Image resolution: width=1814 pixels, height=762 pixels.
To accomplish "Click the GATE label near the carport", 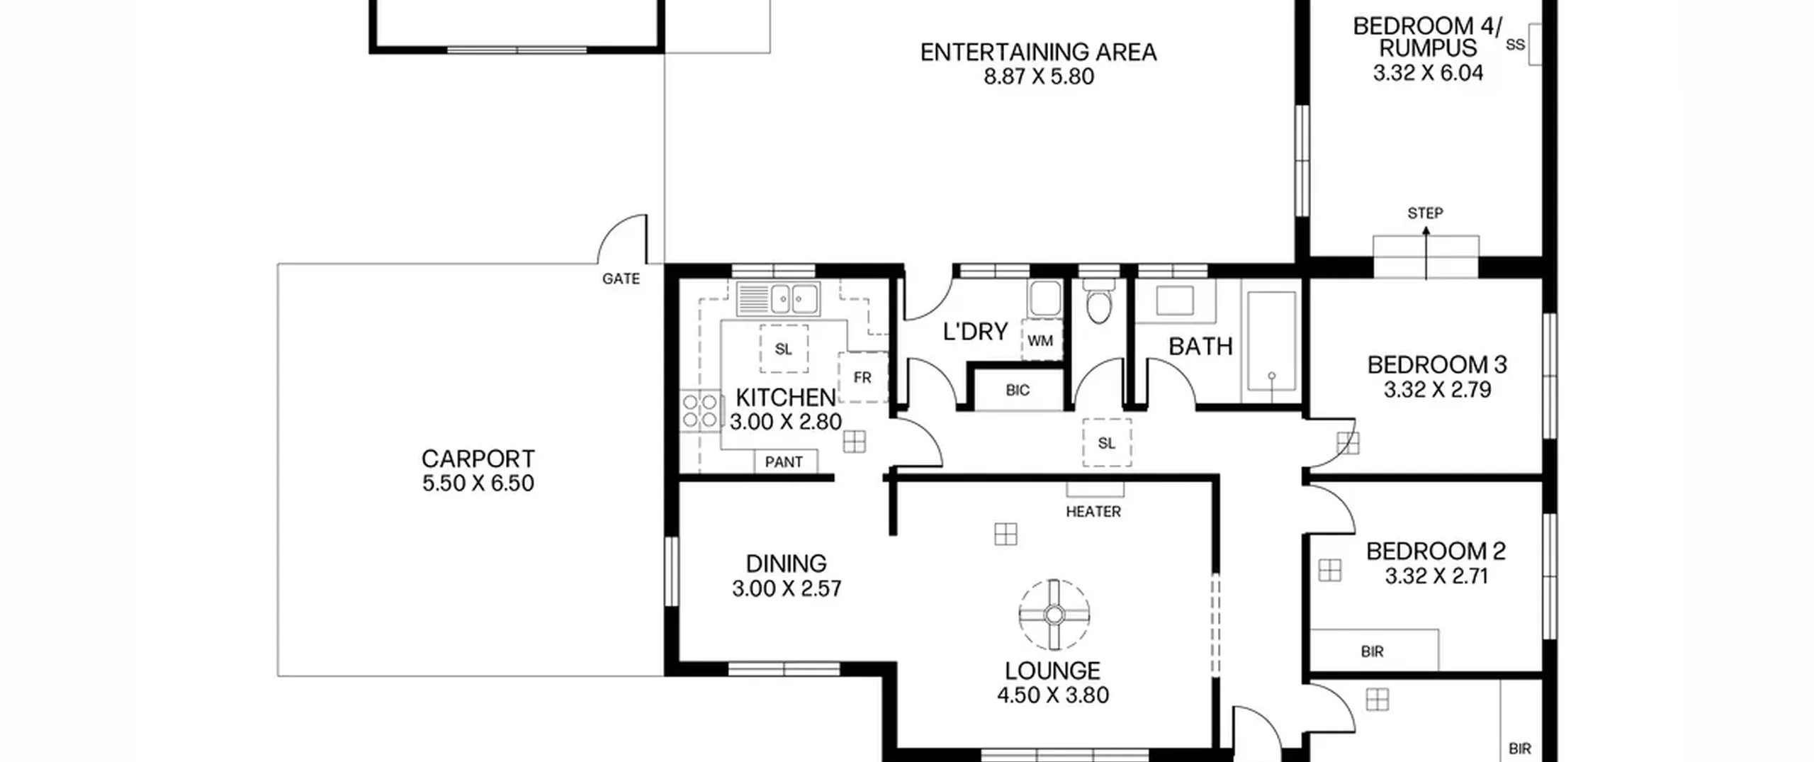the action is [x=621, y=279].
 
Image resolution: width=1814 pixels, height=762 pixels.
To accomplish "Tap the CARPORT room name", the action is [x=478, y=459].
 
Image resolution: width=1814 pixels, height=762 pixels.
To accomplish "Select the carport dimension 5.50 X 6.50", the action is [x=478, y=483].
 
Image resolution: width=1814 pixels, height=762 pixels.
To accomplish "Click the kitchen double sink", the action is [x=778, y=298].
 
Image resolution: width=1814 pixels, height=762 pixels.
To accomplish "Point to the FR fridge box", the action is [x=862, y=377].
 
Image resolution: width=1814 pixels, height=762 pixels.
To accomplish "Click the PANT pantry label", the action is [x=784, y=462].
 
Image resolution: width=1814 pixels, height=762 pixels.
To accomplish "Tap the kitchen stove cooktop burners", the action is [x=699, y=411].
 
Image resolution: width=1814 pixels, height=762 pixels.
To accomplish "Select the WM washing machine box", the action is [x=1040, y=341].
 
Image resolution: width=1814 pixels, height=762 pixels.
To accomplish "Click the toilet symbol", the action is [x=1098, y=301].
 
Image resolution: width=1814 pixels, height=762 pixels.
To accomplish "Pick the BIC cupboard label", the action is [x=1018, y=390].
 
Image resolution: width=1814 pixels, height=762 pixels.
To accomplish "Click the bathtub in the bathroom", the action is [x=1271, y=341].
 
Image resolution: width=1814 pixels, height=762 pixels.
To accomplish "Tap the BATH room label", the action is [x=1200, y=347].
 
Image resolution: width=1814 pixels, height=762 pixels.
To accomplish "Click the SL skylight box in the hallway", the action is [x=1107, y=443].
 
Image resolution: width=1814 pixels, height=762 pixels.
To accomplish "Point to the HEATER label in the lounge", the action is [x=1093, y=511].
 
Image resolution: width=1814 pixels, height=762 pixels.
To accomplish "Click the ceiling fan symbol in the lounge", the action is [x=1054, y=615].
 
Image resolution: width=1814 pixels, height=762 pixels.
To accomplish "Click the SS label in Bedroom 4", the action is [x=1515, y=45].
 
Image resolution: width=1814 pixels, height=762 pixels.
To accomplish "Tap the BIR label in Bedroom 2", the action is [x=1372, y=651].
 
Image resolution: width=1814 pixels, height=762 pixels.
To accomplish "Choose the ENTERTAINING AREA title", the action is [x=1038, y=52].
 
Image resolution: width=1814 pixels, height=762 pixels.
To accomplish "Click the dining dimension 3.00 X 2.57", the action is [x=787, y=588].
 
